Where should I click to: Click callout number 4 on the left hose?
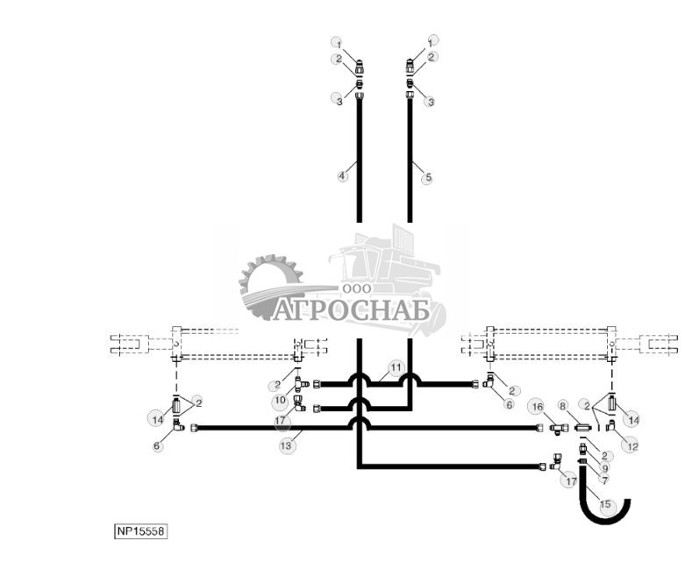(343, 176)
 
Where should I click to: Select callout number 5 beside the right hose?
(428, 178)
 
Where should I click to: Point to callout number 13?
(286, 445)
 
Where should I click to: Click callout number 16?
(537, 407)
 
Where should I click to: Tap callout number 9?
(604, 469)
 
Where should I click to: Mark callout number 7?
(604, 481)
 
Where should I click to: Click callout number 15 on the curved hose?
(606, 505)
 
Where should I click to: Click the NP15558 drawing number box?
(140, 531)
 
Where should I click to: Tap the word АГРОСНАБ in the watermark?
(351, 310)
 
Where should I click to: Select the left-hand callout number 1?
(338, 43)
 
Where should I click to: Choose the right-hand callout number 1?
(431, 41)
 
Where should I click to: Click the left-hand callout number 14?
(158, 420)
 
